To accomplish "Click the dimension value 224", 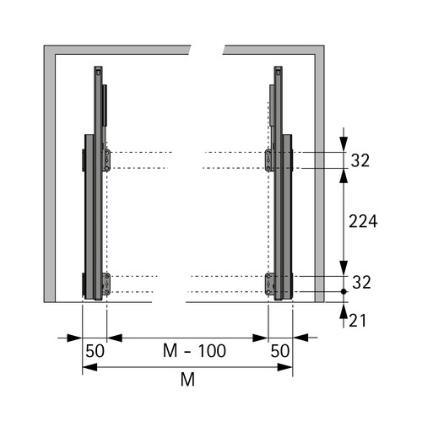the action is (x=363, y=221).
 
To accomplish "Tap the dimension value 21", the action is (x=358, y=321).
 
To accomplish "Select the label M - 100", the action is (x=194, y=351).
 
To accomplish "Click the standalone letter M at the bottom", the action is (x=187, y=380).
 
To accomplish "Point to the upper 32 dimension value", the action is (x=360, y=160).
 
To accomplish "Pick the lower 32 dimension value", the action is (x=361, y=282).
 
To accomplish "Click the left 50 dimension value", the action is (x=95, y=351).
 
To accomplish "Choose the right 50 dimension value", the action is (x=280, y=351).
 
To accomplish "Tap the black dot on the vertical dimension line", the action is (x=344, y=292).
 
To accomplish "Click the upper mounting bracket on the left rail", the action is (x=107, y=160).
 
